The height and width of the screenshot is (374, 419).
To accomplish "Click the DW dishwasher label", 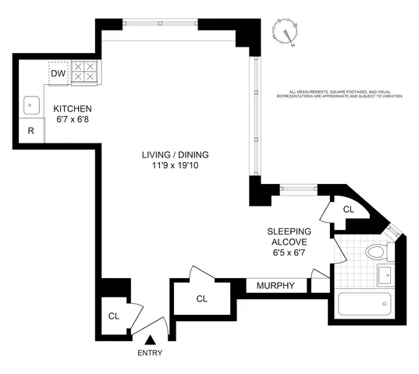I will [x=57, y=74].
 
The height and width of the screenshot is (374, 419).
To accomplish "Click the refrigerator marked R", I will [x=31, y=132].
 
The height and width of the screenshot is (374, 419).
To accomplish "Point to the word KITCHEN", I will [x=73, y=108].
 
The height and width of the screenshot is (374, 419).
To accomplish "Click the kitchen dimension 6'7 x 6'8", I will [x=73, y=120].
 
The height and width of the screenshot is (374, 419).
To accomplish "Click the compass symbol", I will [x=290, y=34].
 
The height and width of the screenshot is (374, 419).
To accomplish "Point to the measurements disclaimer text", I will [x=345, y=93].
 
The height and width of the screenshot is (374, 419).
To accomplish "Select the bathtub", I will [x=366, y=304].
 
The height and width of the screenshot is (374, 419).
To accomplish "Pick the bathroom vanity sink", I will [x=385, y=274].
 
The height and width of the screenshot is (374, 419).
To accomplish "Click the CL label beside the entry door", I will [x=114, y=316].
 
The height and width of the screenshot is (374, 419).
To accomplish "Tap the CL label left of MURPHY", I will [x=201, y=298].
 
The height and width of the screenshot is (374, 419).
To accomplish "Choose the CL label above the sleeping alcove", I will [x=349, y=209].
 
